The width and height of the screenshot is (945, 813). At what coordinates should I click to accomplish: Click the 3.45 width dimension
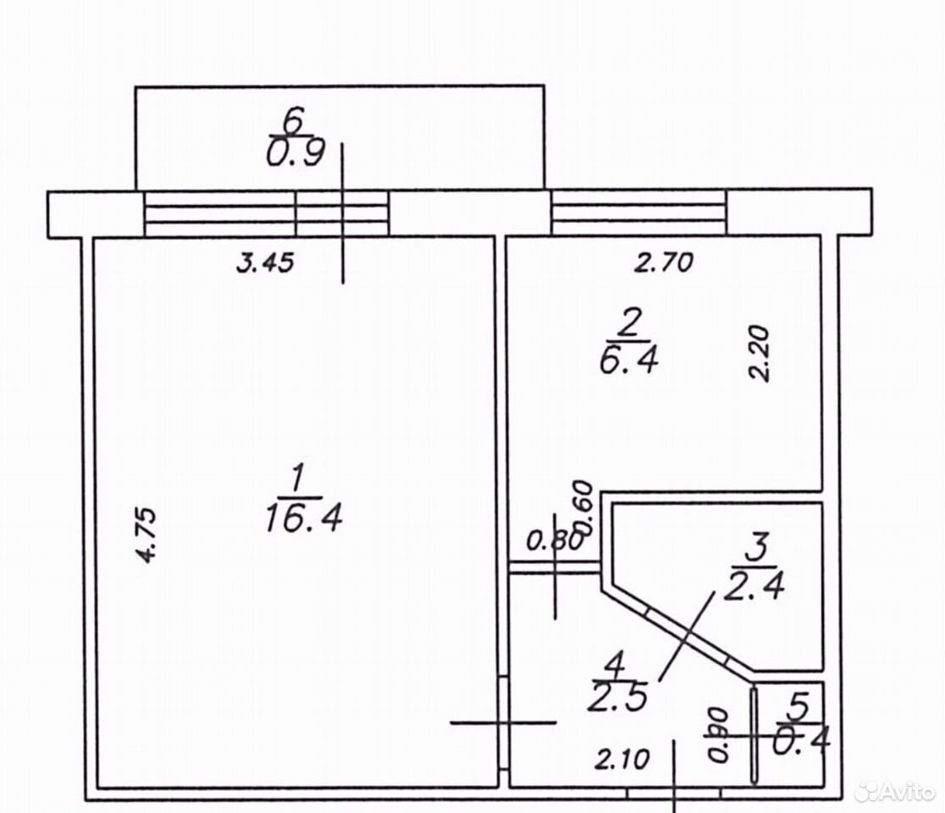[264, 263]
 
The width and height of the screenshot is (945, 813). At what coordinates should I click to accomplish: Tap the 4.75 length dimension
[146, 536]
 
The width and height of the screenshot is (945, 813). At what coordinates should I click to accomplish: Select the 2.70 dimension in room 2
[664, 263]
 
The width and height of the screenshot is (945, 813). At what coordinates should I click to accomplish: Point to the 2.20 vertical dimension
[760, 353]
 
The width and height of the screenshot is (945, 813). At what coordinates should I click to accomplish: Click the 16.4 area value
[304, 517]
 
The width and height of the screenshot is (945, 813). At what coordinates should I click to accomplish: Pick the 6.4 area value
[628, 361]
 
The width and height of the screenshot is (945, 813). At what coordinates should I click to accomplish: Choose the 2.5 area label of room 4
[618, 698]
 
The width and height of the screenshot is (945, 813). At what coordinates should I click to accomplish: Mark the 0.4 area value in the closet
[802, 739]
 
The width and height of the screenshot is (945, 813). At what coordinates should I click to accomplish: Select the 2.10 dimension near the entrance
[622, 759]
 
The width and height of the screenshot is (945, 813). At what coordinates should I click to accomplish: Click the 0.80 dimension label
[555, 540]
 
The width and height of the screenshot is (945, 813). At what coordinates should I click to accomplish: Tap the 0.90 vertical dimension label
[718, 734]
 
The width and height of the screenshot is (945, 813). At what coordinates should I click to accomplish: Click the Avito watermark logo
[895, 790]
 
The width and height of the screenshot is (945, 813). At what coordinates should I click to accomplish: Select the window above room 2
[639, 212]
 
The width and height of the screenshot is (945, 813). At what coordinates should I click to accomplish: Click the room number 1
[296, 481]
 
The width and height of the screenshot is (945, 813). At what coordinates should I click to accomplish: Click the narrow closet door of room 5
[754, 735]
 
